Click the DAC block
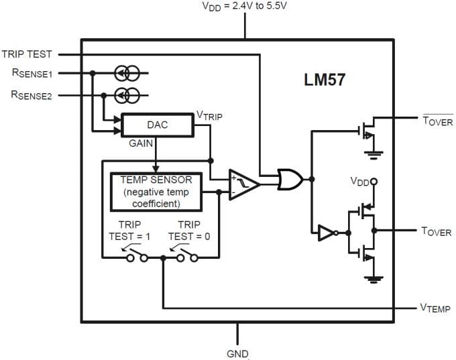point(157,125)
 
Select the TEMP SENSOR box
point(156,192)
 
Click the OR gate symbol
point(290,178)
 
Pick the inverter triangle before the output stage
point(326,233)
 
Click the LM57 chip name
point(324,80)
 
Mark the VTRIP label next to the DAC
point(209,116)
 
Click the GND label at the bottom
point(237,353)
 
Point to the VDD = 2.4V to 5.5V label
point(245,6)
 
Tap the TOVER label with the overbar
point(437,121)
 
